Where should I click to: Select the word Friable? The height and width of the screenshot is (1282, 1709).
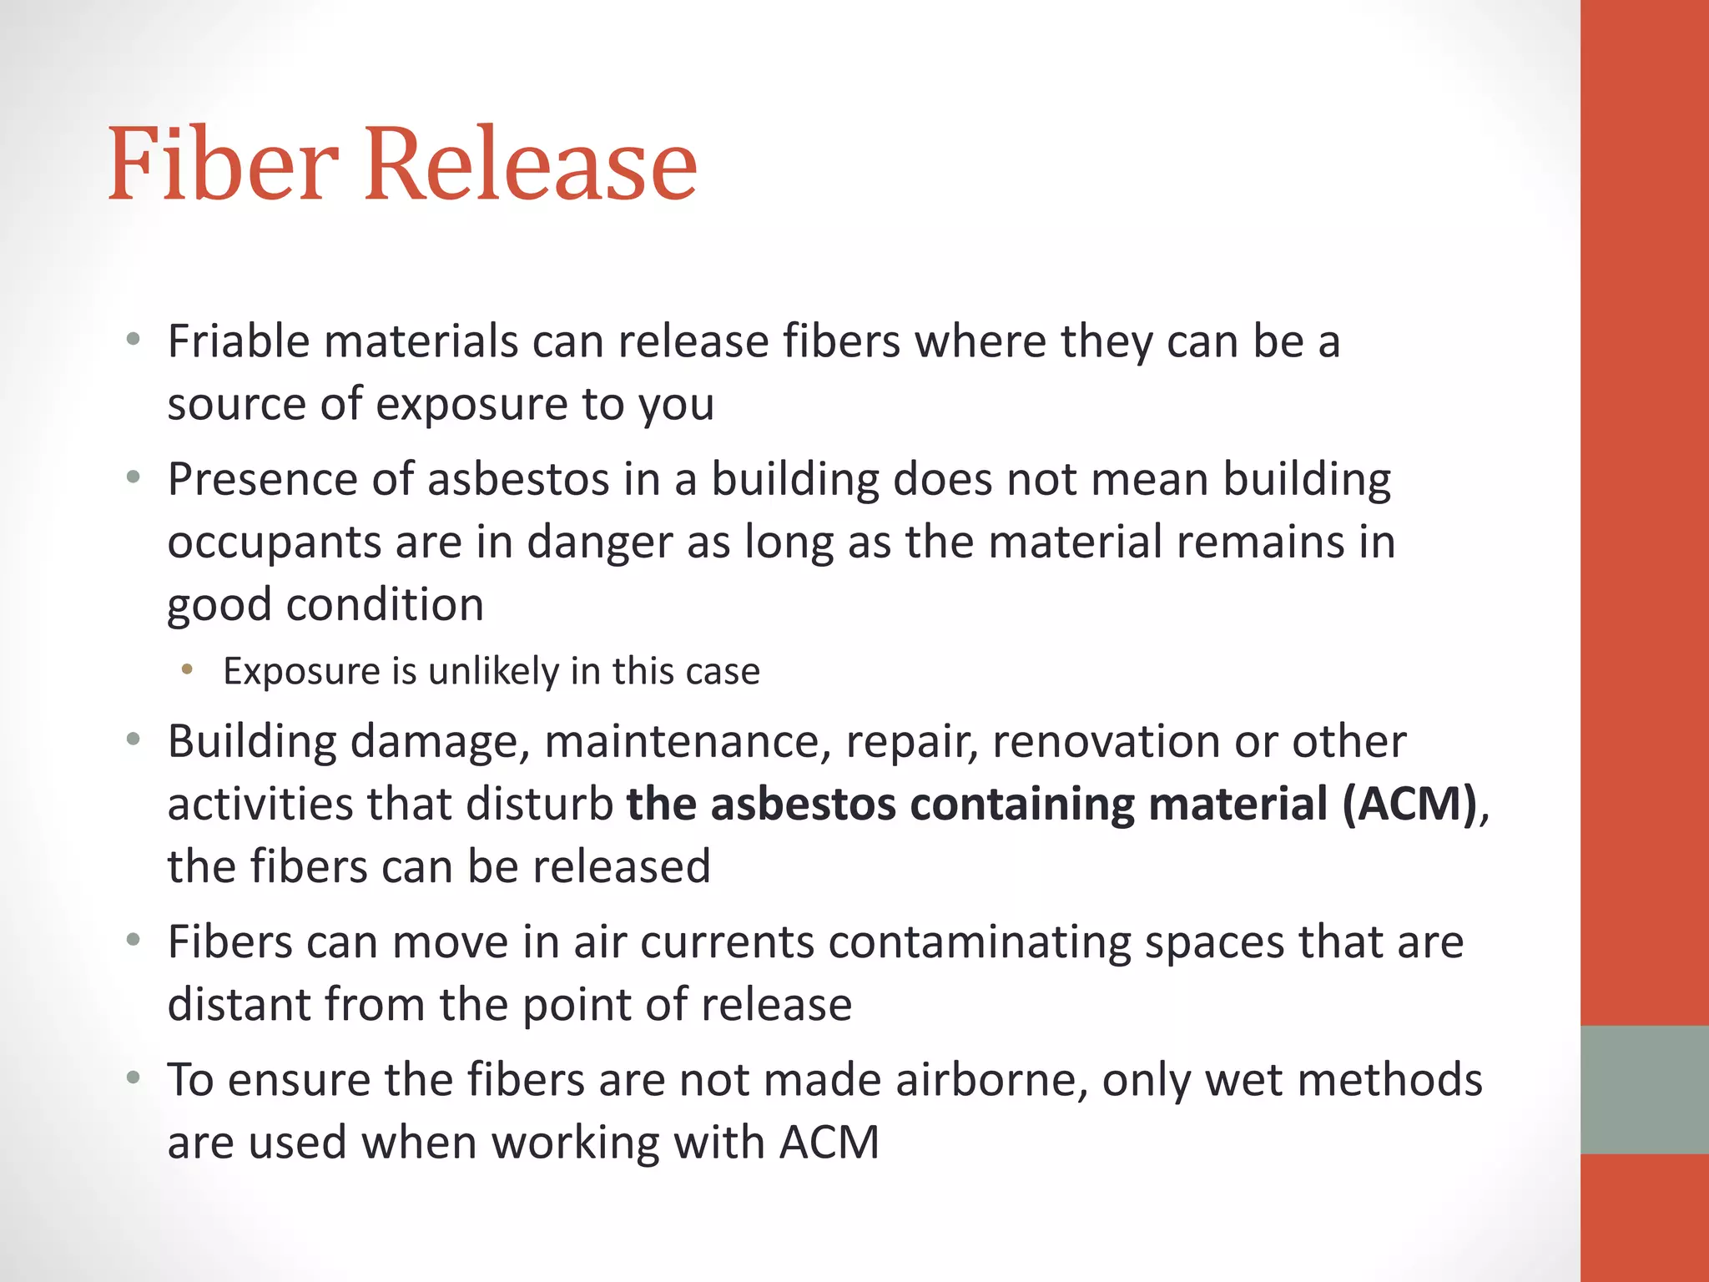[239, 341]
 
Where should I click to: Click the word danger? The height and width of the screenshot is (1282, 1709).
[599, 543]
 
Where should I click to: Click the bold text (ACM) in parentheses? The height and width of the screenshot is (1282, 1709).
[1410, 805]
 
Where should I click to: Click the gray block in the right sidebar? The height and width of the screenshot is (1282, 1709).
[1644, 1089]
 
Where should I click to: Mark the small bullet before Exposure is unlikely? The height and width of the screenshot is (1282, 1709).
[187, 669]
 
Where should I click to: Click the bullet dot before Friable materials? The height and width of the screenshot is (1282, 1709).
[133, 340]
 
